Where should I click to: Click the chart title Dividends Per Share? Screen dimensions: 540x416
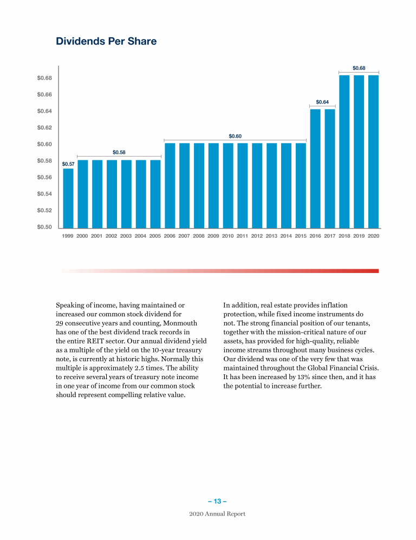106,41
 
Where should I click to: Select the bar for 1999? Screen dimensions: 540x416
68,198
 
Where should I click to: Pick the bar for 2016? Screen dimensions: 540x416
315,168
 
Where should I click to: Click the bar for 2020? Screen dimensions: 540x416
373,152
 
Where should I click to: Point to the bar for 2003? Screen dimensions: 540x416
126,194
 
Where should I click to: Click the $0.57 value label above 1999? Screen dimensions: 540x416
68,164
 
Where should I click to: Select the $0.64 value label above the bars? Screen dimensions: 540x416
322,102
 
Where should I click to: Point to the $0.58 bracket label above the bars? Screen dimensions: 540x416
119,152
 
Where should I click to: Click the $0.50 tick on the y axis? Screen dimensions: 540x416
44,227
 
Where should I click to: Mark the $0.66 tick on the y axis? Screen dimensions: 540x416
44,95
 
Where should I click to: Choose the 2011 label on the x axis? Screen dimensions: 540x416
243,236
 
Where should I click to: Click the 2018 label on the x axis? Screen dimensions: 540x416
344,236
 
